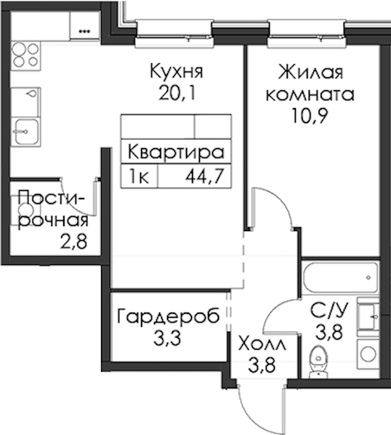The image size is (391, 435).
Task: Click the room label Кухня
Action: tap(177, 71)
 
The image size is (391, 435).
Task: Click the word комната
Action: tap(310, 94)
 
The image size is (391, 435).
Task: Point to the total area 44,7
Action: tap(205, 176)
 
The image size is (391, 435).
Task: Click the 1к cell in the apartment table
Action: tap(139, 176)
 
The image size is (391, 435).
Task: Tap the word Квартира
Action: tap(176, 152)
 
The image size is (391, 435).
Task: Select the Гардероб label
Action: tap(168, 317)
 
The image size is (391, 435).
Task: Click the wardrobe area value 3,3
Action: tap(167, 338)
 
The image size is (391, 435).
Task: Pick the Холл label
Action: tap(262, 345)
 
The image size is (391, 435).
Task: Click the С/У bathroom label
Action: tap(329, 310)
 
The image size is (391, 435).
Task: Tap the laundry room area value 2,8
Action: tap(73, 242)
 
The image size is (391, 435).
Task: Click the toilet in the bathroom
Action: tap(319, 361)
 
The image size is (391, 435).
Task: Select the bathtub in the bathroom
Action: tap(340, 277)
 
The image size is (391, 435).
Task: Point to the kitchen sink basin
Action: tap(26, 132)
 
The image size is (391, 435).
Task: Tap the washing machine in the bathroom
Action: tap(368, 355)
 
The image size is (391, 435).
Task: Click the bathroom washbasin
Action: tap(368, 316)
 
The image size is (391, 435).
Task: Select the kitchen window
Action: tap(175, 33)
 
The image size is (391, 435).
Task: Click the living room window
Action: tap(307, 33)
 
